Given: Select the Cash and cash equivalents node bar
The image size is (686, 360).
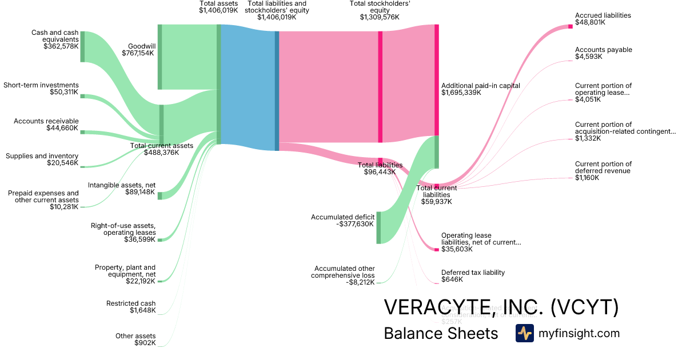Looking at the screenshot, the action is pos(82,46).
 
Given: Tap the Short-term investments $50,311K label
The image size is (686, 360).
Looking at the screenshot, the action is pos(41,89).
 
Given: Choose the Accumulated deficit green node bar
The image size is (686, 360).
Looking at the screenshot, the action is pos(378,227).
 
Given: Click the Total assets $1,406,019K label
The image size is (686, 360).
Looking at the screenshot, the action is pos(218,7).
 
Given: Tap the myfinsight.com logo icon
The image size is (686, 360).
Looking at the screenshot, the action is pos(524,333).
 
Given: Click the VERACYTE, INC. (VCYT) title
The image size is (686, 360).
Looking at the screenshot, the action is pos(501,307).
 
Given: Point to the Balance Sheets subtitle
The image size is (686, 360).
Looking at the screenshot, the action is pos(441,333).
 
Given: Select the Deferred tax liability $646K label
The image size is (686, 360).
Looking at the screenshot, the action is pos(473,276).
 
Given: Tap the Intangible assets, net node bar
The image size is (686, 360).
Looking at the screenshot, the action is pos(160,195).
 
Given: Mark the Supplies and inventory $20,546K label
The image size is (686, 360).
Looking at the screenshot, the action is pos(42,159).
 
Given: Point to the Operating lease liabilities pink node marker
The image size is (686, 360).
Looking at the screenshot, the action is pos(436,250).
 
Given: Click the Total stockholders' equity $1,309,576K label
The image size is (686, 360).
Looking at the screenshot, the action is pos(379,10).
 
